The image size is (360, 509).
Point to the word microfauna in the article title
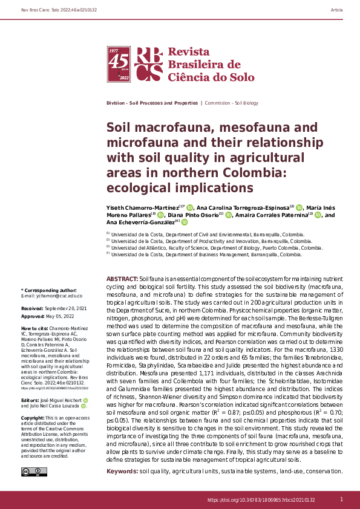point(138,143)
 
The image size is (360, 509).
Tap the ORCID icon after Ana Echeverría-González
point(185,222)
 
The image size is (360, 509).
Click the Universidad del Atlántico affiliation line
point(215,248)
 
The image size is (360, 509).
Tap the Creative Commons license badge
point(30,472)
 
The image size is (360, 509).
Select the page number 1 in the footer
point(342,499)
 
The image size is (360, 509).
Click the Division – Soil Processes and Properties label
point(151,103)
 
